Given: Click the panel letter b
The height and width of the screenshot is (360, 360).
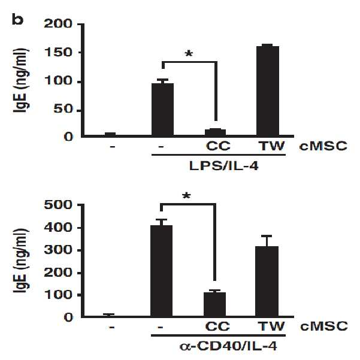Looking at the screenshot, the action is pyautogui.click(x=17, y=20).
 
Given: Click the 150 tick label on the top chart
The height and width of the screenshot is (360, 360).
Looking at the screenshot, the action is pyautogui.click(x=58, y=53).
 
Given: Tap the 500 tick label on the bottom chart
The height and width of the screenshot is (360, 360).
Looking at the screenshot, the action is pyautogui.click(x=58, y=205).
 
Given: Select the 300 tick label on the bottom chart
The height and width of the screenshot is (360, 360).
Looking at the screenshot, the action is pyautogui.click(x=58, y=250).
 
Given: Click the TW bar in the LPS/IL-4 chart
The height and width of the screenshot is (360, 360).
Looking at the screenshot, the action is pyautogui.click(x=268, y=90).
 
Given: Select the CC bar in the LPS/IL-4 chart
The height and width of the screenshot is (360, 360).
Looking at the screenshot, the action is pyautogui.click(x=215, y=132).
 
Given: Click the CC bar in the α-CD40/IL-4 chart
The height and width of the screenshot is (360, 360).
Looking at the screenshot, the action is pyautogui.click(x=214, y=304).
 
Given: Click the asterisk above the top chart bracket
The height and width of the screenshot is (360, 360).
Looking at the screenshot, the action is pyautogui.click(x=189, y=54).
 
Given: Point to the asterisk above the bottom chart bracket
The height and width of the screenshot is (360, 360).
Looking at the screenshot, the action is pyautogui.click(x=186, y=196).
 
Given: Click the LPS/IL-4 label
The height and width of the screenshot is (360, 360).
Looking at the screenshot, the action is pyautogui.click(x=223, y=166).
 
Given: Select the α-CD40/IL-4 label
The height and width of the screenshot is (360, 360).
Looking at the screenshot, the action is pyautogui.click(x=228, y=346).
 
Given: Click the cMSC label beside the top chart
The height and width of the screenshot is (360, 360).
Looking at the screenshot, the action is pyautogui.click(x=323, y=146).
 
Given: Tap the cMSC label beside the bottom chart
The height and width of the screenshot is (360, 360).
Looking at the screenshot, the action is pyautogui.click(x=323, y=326).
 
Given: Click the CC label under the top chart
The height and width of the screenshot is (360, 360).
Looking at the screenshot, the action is pyautogui.click(x=218, y=146).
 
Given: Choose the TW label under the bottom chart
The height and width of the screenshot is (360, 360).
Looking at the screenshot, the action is pyautogui.click(x=271, y=326).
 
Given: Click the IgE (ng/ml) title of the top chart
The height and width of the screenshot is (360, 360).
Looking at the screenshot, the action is pyautogui.click(x=21, y=80).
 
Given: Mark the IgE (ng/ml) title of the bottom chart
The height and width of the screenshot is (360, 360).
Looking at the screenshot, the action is pyautogui.click(x=21, y=261).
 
